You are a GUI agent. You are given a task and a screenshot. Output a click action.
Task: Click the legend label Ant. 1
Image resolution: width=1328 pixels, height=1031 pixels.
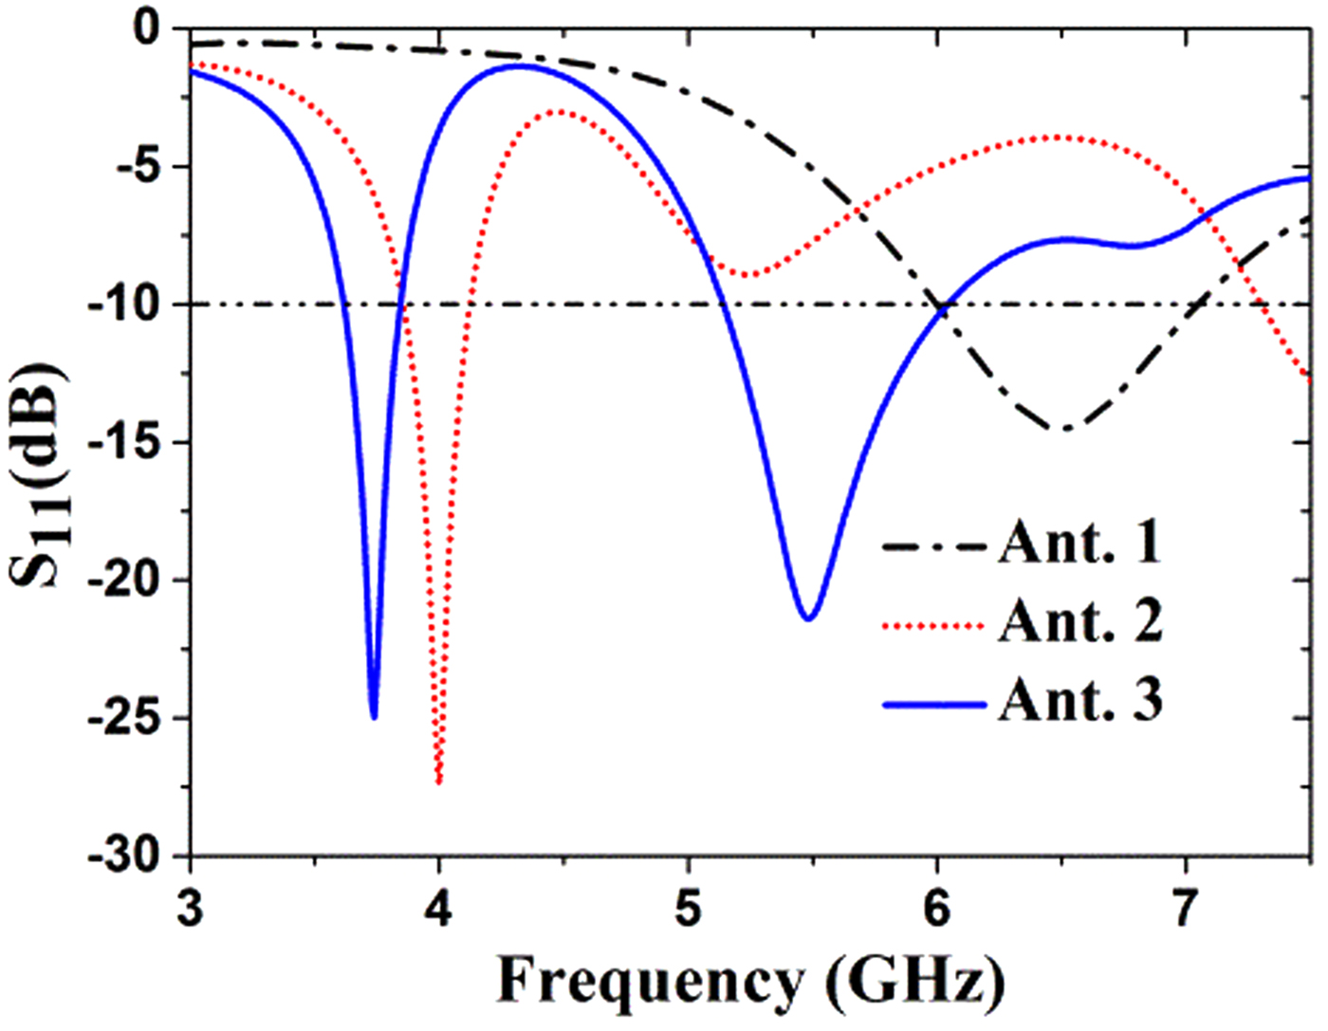pos(1079,543)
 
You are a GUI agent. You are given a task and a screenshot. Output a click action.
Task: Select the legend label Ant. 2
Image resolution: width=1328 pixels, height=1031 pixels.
pos(1079,622)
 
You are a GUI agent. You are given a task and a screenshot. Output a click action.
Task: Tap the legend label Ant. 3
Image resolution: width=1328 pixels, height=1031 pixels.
pos(1079,701)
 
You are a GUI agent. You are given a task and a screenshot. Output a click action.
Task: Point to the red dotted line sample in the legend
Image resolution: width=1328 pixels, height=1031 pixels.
pos(934,626)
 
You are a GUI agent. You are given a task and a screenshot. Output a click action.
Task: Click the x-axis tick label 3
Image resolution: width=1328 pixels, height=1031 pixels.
pos(191,908)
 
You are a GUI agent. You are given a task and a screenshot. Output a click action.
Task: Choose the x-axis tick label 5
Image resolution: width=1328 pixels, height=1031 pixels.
pos(688,908)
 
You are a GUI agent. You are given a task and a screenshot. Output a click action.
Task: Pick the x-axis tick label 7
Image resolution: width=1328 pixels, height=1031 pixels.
pos(1185,908)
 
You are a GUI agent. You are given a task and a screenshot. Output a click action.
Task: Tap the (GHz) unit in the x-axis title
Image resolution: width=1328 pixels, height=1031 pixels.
pos(914,982)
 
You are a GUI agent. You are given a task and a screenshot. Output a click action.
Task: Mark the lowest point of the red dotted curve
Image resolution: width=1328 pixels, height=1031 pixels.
pos(438,782)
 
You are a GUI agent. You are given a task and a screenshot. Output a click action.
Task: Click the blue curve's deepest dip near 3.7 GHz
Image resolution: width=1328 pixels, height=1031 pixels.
pos(374,717)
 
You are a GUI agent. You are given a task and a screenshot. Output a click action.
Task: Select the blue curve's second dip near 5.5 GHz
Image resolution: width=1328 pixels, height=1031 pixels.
pos(808,618)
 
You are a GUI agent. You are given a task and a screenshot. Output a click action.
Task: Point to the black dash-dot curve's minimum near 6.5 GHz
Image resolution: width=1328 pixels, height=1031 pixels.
pos(1064,430)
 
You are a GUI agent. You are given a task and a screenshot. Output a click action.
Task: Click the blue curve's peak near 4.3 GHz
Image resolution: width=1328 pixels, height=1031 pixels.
pos(520,65)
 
